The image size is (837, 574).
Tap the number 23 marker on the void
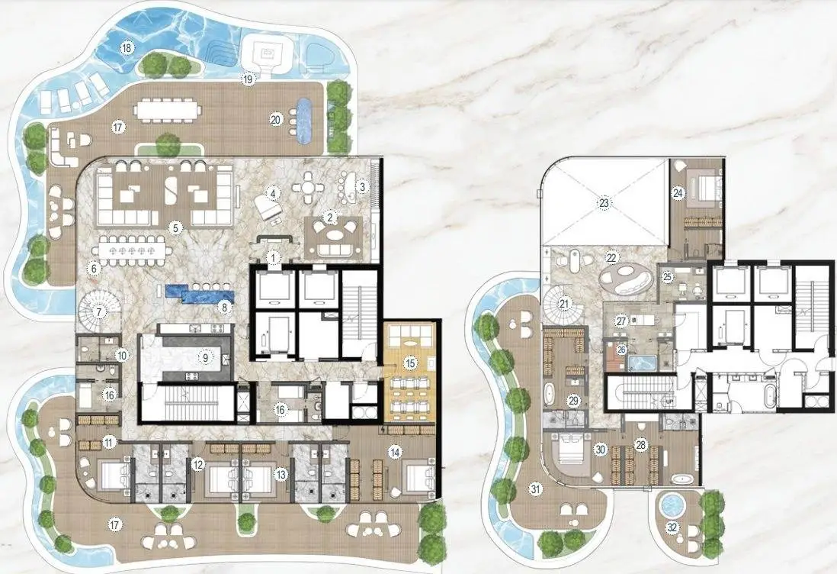coord(604,202)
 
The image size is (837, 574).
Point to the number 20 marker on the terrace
coord(275,120)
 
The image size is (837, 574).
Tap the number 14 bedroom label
coord(394,453)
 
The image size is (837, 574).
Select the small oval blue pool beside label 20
coord(304,121)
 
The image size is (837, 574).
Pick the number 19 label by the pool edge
coord(247,79)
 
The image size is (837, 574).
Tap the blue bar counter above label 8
coord(200,293)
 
